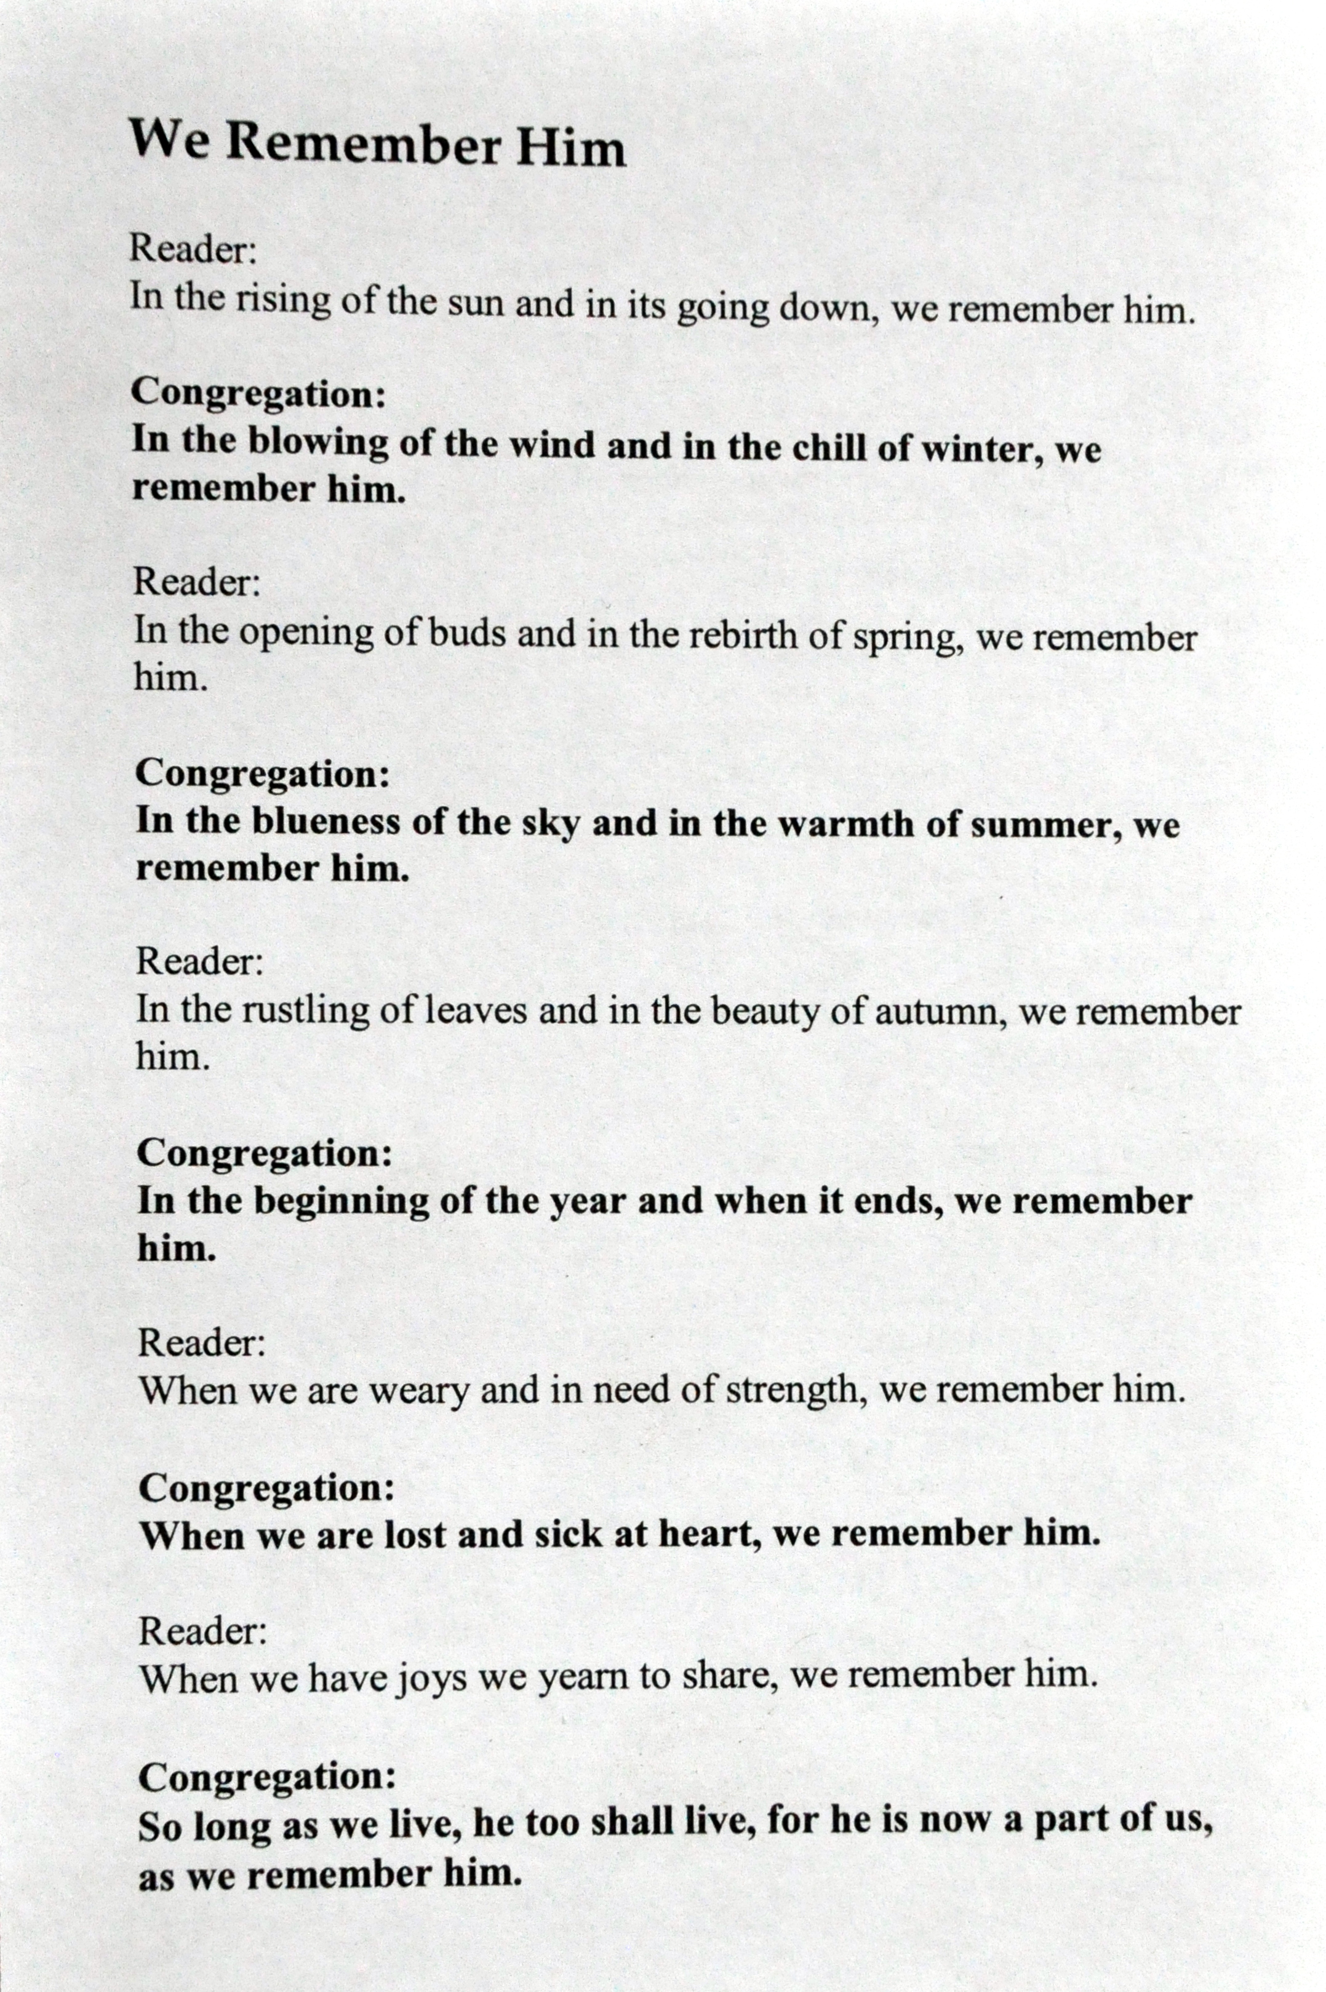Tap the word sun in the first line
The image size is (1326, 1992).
pyautogui.click(x=479, y=303)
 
